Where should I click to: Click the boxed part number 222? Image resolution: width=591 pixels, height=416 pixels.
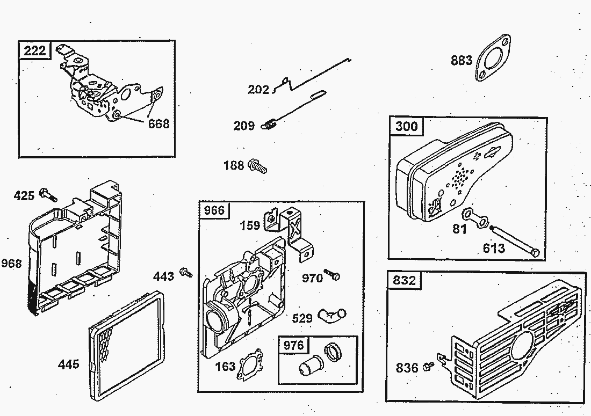click(x=35, y=51)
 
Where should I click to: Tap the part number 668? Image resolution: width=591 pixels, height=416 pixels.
click(x=158, y=124)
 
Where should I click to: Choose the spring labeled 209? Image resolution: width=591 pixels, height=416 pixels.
click(x=269, y=125)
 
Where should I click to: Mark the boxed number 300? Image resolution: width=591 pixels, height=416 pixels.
click(x=406, y=127)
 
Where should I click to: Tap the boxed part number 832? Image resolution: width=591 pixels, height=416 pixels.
click(x=405, y=280)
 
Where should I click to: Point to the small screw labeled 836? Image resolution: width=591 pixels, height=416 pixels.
click(x=428, y=366)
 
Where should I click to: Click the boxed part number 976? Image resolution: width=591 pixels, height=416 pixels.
click(x=293, y=345)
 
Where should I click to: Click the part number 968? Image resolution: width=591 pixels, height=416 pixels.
click(x=12, y=264)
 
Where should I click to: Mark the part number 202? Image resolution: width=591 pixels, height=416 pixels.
click(x=258, y=90)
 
